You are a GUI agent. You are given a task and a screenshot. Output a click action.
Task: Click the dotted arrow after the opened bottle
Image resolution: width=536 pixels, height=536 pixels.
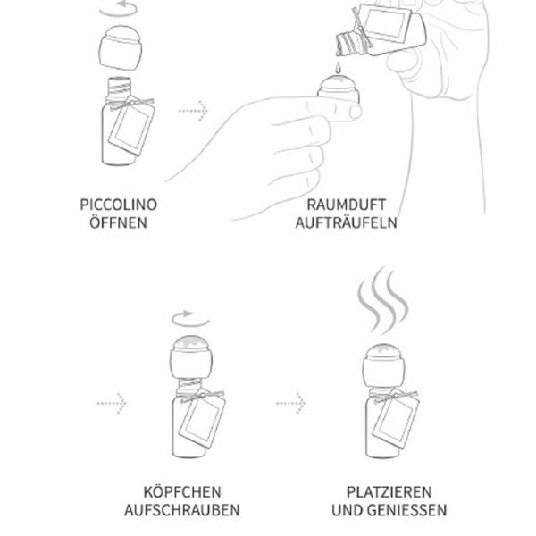click(x=193, y=110)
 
